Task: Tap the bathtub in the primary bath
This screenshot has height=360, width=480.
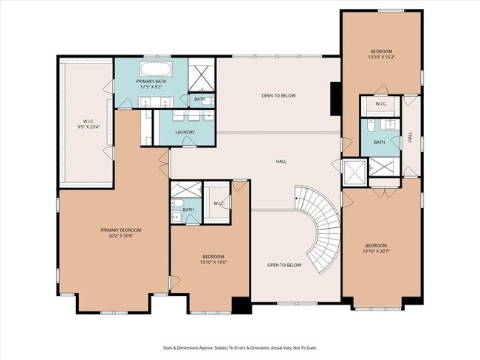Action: [154, 71]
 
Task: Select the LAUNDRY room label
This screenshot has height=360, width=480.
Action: [185, 133]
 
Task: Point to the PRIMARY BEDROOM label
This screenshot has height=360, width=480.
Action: [121, 232]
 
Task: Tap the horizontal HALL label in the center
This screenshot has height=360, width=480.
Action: [281, 161]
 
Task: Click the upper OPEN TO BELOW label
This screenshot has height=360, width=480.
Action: [278, 96]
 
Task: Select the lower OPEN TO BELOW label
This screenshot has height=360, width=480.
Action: [284, 265]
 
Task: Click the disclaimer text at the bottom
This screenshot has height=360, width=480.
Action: [239, 347]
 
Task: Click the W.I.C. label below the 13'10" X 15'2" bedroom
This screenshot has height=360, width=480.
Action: [381, 104]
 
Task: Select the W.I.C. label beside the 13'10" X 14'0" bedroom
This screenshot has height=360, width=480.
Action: [219, 203]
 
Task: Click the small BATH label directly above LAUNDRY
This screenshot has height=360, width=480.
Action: [199, 99]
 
